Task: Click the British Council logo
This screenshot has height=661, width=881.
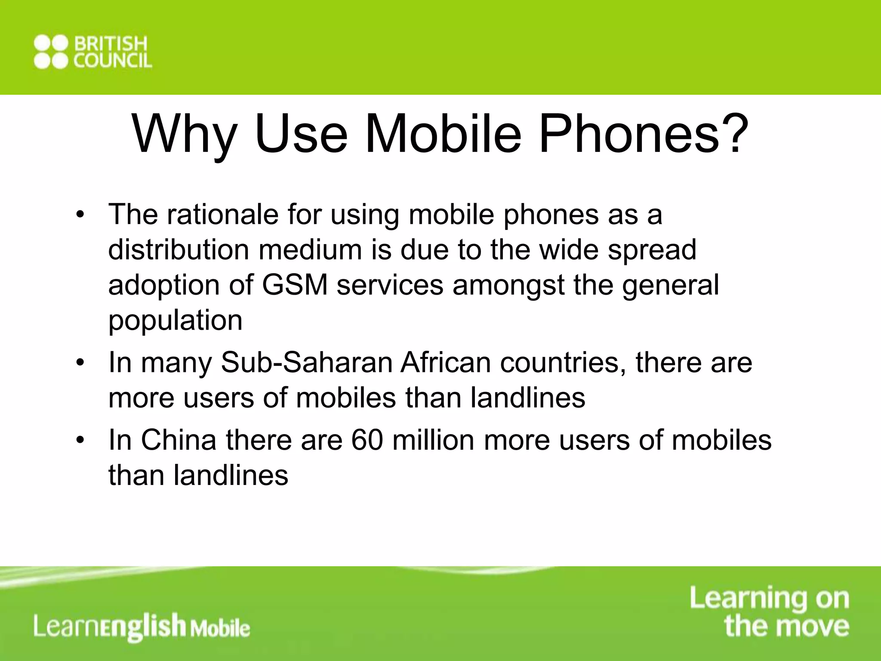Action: (93, 52)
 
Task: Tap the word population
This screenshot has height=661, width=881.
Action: (175, 321)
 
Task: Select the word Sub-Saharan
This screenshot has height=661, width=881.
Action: (306, 362)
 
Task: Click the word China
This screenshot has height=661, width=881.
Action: (179, 440)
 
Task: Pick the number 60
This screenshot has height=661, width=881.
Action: (367, 440)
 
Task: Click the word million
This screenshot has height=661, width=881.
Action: (434, 440)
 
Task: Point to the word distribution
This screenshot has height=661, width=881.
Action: (179, 250)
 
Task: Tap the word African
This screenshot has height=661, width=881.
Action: (446, 362)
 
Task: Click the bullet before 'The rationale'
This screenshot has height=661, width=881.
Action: (80, 215)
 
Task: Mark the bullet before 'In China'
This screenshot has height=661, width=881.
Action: (80, 441)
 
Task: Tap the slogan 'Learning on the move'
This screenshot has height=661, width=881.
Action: (770, 612)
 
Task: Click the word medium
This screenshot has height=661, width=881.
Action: (310, 250)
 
